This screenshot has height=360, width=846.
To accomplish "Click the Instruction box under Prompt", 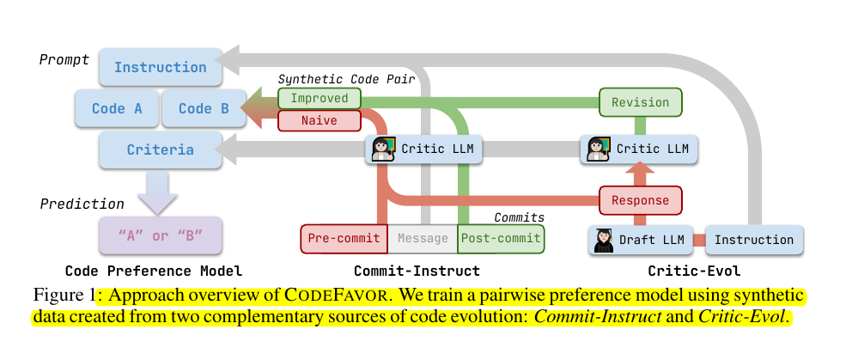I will point(160,67).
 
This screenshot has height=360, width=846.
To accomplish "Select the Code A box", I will point(117,108).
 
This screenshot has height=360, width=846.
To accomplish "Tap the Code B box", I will point(203,108).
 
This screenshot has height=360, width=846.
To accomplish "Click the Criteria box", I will point(160,149).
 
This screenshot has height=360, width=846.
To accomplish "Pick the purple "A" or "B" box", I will point(160,235).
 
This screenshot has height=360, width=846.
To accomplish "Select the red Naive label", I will point(319,121).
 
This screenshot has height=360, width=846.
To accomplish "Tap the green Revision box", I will point(640,102).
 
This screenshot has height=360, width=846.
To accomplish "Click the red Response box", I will point(640,201).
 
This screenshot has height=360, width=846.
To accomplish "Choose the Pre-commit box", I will point(344,239).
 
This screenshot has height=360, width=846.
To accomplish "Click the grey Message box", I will point(423,239).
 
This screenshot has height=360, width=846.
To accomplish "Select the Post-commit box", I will point(500,239).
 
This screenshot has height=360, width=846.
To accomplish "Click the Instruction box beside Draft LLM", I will point(754,240).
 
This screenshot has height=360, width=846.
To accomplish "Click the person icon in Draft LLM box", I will point(605,240).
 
